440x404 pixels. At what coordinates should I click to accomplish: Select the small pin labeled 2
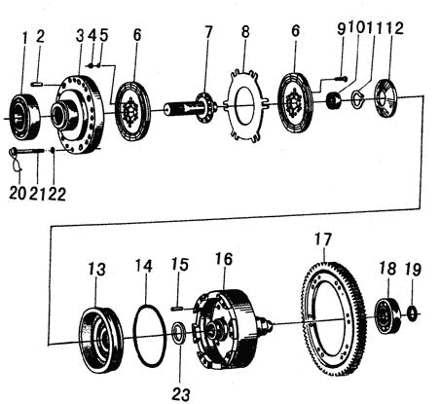[x=37, y=85]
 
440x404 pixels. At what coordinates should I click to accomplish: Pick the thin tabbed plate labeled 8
[x=246, y=105]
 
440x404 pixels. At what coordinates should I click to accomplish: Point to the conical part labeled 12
[x=385, y=98]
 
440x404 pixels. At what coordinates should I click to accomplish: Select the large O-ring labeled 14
[x=150, y=334]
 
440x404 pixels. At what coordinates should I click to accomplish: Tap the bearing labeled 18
[x=388, y=314]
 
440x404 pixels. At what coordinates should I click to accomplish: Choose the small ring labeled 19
[x=412, y=313]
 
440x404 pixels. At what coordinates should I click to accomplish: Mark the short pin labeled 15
[x=179, y=309]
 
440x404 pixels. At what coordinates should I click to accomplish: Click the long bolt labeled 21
[x=31, y=150]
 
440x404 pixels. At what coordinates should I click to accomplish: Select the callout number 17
[x=322, y=240]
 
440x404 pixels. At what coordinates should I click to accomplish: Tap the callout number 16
[x=224, y=259]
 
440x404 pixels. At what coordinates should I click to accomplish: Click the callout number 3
[x=80, y=36]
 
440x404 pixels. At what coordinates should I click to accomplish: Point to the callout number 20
[x=18, y=194]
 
